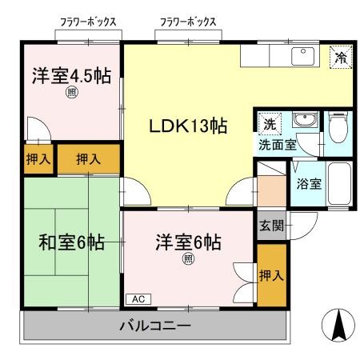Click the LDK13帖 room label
click(x=188, y=126)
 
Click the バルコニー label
click(x=155, y=326)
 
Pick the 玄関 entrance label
click(x=270, y=226)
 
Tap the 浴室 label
click(x=309, y=184)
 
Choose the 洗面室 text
click(x=277, y=145)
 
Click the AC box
click(x=137, y=298)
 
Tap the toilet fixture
click(x=338, y=126)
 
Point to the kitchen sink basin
click(x=303, y=55)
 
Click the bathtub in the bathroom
click(x=338, y=184)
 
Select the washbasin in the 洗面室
click(x=303, y=122)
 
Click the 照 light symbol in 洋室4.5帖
click(x=71, y=92)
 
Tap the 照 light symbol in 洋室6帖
click(x=188, y=258)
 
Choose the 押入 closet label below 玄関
click(x=270, y=276)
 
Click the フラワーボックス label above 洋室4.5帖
click(x=88, y=22)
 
